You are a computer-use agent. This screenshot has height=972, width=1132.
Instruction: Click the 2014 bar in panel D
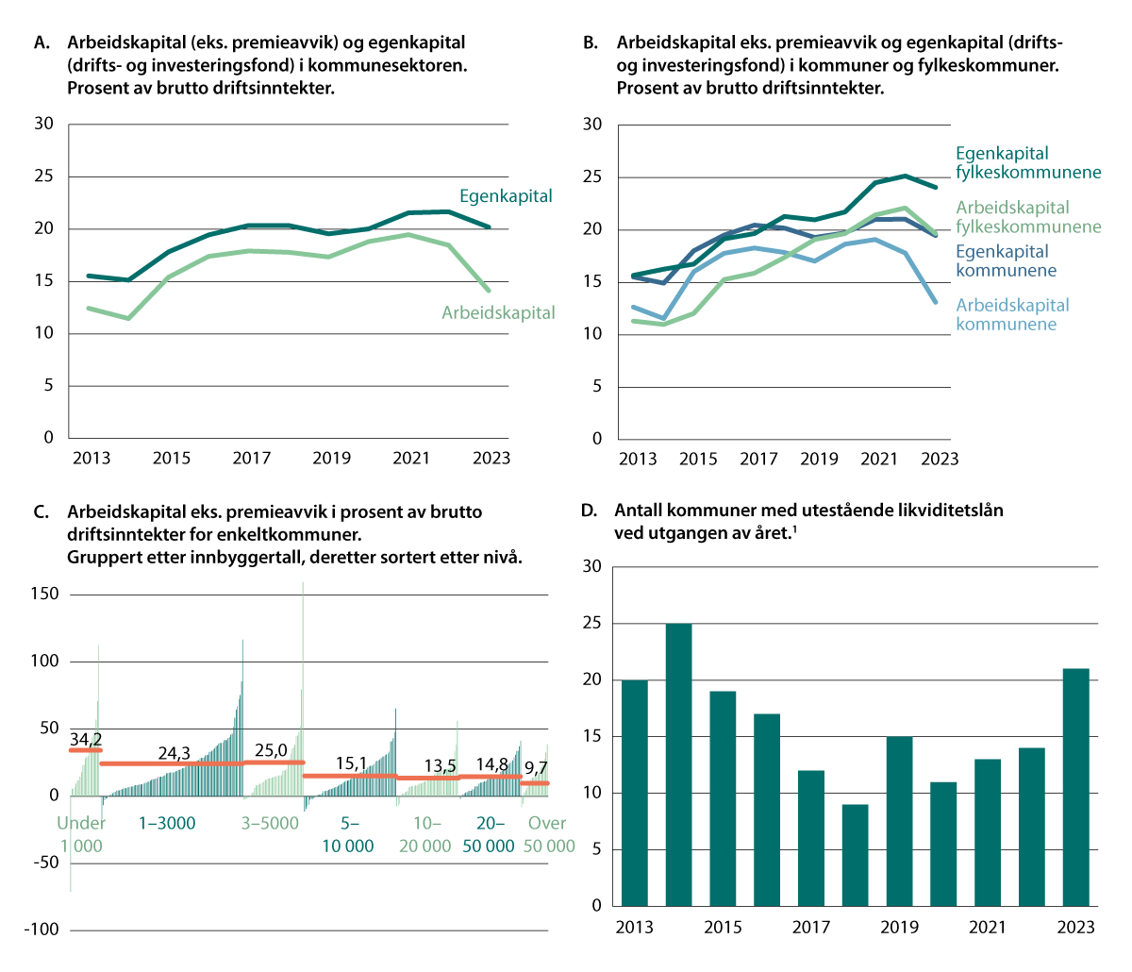[x=678, y=764]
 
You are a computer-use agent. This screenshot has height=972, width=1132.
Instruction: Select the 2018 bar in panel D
[x=855, y=854]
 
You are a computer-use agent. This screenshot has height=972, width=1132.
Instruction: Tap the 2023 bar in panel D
[x=1075, y=787]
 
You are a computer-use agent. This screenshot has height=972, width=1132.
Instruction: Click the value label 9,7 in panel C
[x=535, y=768]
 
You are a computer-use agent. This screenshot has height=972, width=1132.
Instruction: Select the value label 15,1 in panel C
[x=351, y=763]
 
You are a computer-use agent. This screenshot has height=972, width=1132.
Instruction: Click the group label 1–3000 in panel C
[x=167, y=823]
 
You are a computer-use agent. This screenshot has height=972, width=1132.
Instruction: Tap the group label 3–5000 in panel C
[x=270, y=823]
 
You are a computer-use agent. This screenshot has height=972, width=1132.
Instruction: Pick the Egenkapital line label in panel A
[x=506, y=196]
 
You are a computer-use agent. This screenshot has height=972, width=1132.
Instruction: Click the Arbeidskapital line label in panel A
[x=498, y=312]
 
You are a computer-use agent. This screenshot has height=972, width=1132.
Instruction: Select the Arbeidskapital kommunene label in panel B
[x=1012, y=314]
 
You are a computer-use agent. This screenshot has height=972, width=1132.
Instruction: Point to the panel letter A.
[x=40, y=42]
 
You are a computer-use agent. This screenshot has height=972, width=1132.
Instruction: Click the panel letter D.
[x=589, y=511]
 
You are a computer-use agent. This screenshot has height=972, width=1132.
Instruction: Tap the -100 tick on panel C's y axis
[x=42, y=930]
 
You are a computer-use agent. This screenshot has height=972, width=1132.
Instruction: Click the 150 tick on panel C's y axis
[x=44, y=594]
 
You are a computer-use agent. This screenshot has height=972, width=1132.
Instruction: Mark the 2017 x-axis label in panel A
[x=251, y=458]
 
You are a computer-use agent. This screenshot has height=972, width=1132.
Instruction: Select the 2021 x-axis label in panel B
[x=879, y=459]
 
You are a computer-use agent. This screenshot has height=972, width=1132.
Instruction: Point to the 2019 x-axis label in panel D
[x=899, y=927]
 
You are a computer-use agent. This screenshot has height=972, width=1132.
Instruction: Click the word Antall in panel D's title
[x=640, y=511]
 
